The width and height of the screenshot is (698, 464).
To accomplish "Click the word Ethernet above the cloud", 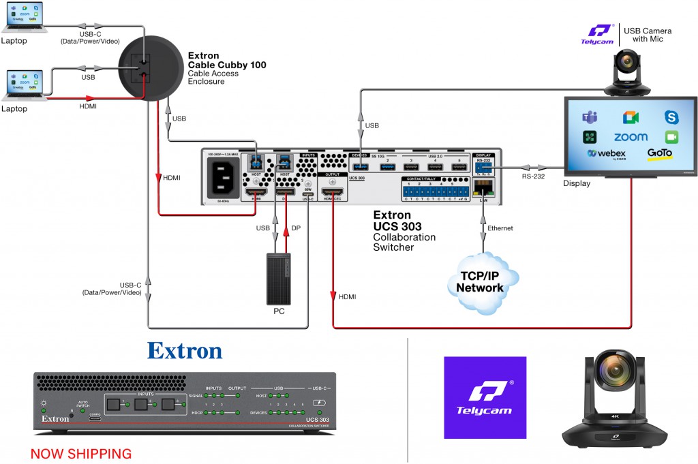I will click(500, 228).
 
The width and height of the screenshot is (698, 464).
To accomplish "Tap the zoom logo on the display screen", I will click(630, 137).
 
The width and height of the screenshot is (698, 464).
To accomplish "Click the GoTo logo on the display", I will click(660, 154).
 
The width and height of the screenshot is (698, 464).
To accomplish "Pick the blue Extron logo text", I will click(185, 351).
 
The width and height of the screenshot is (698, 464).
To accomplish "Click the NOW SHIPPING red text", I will click(81, 453).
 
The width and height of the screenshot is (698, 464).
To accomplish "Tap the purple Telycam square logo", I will click(485, 397).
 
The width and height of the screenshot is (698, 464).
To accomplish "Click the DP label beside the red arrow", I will click(295, 228).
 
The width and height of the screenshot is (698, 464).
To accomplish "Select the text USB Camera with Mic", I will click(648, 35).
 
